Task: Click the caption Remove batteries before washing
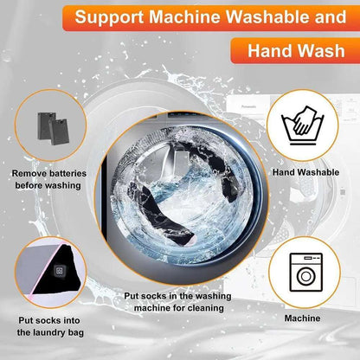pos(48,179)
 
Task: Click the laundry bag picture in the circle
pos(48,273)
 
